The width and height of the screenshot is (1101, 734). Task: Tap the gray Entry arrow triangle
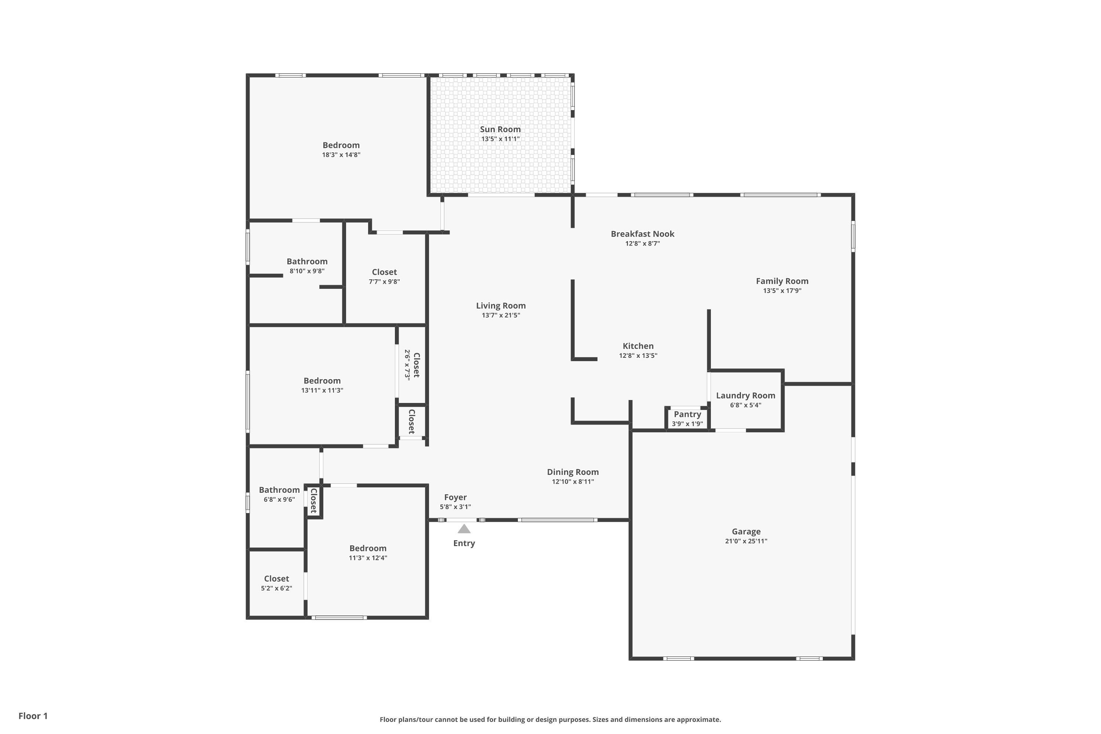click(x=464, y=528)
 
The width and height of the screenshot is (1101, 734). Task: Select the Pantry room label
click(x=687, y=414)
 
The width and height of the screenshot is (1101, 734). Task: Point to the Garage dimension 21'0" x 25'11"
click(x=746, y=541)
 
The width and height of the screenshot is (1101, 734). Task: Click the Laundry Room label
click(x=746, y=396)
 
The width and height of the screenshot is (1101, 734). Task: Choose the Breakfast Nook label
click(x=642, y=233)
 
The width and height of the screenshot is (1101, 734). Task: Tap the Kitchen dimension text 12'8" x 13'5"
click(x=638, y=356)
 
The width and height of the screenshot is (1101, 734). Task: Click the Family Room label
click(x=782, y=281)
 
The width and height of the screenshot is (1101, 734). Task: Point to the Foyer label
click(x=455, y=497)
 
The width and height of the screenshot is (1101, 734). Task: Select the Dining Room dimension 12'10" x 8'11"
click(x=573, y=482)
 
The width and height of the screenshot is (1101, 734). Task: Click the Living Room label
click(x=501, y=306)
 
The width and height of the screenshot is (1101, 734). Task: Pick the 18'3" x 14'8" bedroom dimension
click(x=341, y=155)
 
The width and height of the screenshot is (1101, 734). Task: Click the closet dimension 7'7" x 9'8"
click(x=384, y=282)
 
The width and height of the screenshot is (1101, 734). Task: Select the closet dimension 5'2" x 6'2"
click(x=277, y=588)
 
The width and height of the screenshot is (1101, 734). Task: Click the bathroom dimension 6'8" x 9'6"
click(x=279, y=499)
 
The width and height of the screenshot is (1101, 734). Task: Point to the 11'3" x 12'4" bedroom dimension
click(x=368, y=558)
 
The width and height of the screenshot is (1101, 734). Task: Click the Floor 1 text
click(x=33, y=716)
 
